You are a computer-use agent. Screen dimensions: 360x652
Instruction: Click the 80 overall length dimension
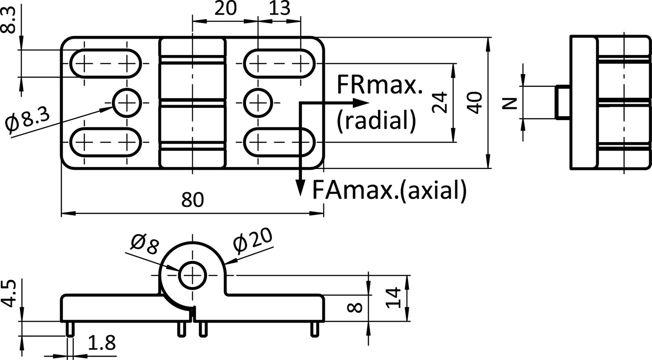[192, 200]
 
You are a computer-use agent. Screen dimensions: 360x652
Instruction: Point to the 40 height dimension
[475, 103]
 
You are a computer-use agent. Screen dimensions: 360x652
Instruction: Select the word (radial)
[376, 121]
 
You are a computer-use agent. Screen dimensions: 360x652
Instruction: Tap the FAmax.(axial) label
[389, 190]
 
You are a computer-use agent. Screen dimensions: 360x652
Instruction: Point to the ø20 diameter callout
[253, 241]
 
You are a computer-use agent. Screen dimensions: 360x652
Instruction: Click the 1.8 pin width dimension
[101, 343]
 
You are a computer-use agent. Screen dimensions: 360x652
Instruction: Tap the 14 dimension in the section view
[393, 298]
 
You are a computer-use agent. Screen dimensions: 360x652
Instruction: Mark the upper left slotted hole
[107, 64]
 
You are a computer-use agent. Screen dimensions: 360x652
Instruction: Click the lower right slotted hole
[280, 142]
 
